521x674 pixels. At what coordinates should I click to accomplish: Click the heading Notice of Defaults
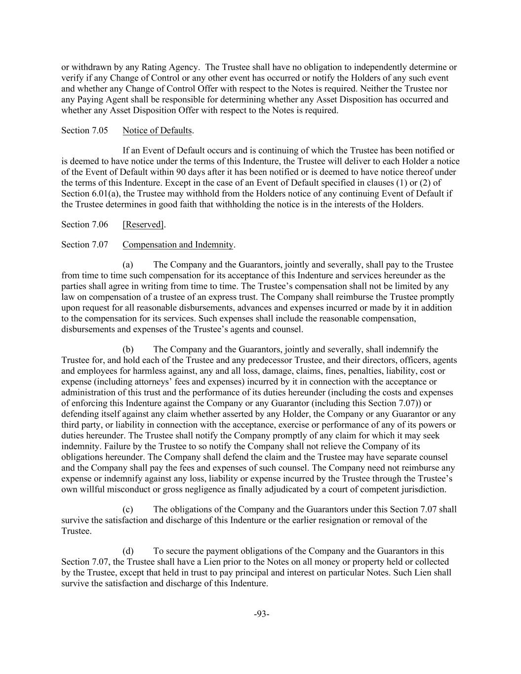157,131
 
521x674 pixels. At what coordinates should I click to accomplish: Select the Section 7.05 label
84,131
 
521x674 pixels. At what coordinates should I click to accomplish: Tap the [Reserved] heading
143,225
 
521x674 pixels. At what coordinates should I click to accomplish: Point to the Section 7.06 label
84,225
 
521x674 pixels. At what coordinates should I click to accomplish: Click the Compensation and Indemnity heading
178,244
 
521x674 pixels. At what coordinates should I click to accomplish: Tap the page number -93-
261,614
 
